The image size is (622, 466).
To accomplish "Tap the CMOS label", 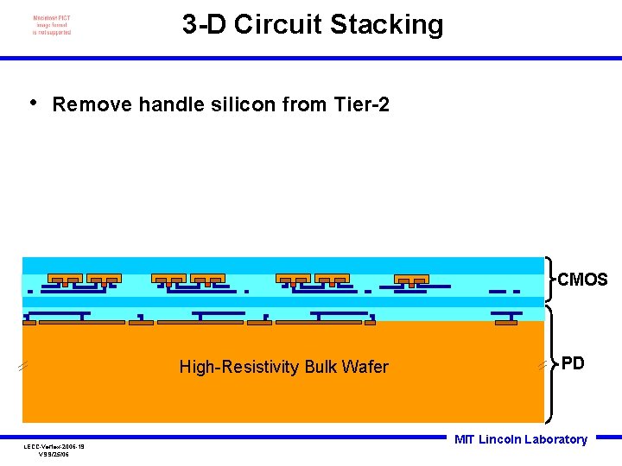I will pos(582,280).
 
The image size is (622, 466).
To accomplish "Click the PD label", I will pos(573,363).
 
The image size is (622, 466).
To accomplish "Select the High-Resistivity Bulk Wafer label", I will pos(283,368).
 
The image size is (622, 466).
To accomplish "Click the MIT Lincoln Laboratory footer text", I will pos(521,439).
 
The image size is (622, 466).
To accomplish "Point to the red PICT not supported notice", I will pos(52,25).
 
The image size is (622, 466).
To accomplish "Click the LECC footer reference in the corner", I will pos(54,450).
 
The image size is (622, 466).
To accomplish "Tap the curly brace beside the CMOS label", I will pos(549,279).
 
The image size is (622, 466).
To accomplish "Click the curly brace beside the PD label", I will pos(549,363).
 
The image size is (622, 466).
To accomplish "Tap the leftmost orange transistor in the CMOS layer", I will pos(65,279).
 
